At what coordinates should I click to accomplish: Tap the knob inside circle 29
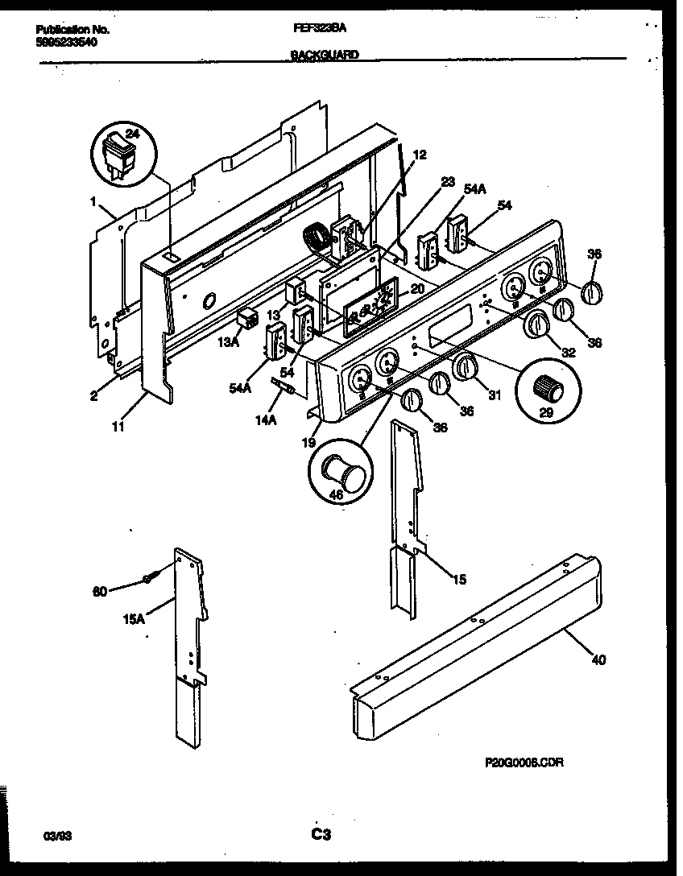[x=548, y=389]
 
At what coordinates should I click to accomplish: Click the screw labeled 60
[x=150, y=578]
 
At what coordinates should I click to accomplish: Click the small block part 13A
[x=248, y=320]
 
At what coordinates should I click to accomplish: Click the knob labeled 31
[x=466, y=367]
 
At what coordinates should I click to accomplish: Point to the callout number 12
[x=419, y=155]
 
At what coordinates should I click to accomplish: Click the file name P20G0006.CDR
[x=524, y=762]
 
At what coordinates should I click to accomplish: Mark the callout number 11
[x=118, y=427]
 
